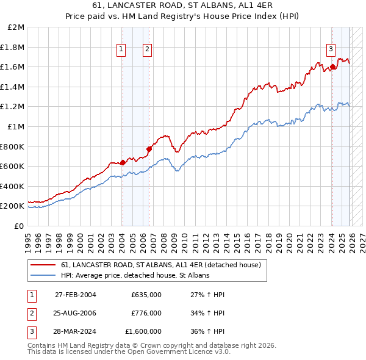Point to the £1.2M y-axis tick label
click(x=13, y=107)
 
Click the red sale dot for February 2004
click(x=123, y=162)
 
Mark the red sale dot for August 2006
click(x=148, y=148)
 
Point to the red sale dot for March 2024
click(x=332, y=67)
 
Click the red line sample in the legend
click(x=44, y=265)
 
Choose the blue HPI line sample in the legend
click(x=44, y=276)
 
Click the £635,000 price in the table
click(x=146, y=295)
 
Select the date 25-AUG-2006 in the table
click(x=76, y=313)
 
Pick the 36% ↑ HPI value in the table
click(x=207, y=331)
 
